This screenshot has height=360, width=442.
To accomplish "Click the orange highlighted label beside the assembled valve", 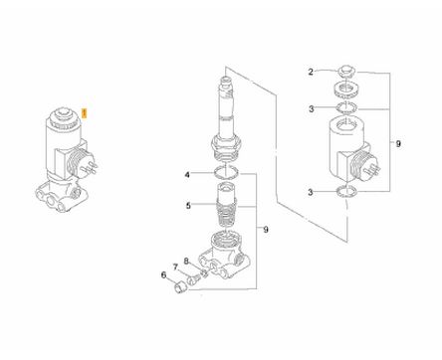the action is tap(85, 113).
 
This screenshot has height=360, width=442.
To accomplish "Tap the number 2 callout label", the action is tap(311, 72).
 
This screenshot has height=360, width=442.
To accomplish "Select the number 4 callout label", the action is tap(187, 174).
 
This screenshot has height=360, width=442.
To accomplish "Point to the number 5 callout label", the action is tap(188, 206).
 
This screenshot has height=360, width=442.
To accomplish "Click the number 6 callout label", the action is tap(163, 274).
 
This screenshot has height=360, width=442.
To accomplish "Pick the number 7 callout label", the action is tap(175, 267).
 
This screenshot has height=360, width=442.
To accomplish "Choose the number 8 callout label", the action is tap(186, 262).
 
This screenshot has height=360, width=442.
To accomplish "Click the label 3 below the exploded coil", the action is tap(311, 192).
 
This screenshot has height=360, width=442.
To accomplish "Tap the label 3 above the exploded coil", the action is tap(311, 108).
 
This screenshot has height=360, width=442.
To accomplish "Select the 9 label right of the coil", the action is tap(398, 144).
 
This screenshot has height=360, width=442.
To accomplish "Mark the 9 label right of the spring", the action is tap(266, 230).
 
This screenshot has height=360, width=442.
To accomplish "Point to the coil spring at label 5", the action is tap(226, 215).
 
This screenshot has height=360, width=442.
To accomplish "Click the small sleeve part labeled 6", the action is tap(181, 286).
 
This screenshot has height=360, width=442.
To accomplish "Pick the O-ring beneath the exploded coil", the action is tap(346, 191).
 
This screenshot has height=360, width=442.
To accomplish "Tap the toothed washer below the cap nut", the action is tap(346, 90).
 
